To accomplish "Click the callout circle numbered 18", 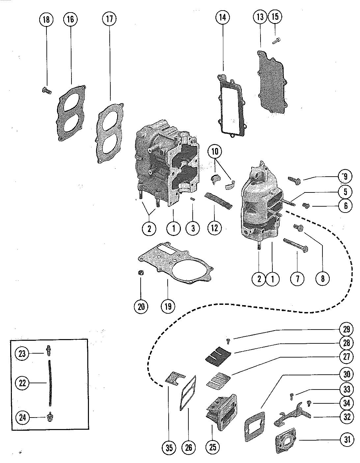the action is [46, 19].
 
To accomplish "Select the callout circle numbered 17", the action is [109, 19].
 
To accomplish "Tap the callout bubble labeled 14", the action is [222, 17].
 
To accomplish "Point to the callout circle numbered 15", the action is [275, 16].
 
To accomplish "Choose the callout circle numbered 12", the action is [214, 228].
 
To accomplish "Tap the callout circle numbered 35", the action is [169, 448].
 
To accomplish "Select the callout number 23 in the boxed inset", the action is [22, 354].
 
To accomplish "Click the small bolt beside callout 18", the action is [46, 91].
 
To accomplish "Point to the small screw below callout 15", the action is [276, 40].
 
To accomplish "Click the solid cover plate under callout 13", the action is [272, 82].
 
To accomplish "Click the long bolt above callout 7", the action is [296, 246].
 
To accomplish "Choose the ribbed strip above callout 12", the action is [218, 200].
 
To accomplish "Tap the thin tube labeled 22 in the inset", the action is [50, 383].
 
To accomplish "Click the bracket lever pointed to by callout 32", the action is [292, 414].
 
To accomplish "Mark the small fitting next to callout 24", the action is [50, 417].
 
